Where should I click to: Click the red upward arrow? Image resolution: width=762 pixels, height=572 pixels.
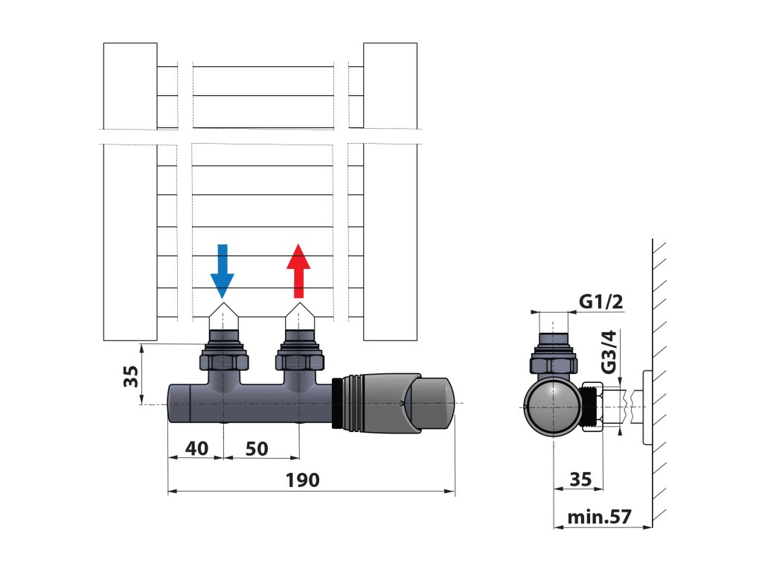coord(298,270)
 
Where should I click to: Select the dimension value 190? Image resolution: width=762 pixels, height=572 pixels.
coord(303,480)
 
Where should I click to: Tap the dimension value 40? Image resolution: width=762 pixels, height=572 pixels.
coord(196,448)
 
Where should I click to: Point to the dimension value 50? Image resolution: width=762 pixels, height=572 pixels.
coord(256,448)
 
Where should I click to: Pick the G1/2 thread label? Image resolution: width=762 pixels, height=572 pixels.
coord(600,302)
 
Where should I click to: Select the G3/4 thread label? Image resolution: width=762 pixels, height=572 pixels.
coord(609,353)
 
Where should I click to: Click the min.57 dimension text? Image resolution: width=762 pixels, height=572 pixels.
coord(598,517)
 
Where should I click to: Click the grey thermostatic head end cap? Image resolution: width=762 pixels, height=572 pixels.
coord(434,404)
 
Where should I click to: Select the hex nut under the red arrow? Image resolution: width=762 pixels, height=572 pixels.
coord(300,362)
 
